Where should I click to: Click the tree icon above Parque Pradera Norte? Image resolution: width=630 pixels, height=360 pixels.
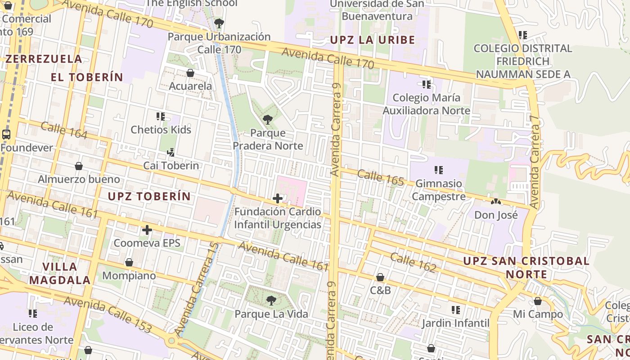[x=267, y=119]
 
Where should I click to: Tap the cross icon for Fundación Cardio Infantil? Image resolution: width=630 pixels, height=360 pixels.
[x=278, y=198]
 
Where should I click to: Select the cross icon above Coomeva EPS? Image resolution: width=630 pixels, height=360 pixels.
[x=147, y=230]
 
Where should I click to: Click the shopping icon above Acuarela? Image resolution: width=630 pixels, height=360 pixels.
[x=190, y=72]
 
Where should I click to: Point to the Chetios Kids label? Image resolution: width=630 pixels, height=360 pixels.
[x=161, y=130]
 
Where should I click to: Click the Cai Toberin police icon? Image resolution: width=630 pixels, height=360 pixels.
[x=171, y=153]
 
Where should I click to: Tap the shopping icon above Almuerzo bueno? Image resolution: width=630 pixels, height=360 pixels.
[x=79, y=166]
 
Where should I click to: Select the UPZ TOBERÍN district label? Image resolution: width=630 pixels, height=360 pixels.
[x=149, y=196]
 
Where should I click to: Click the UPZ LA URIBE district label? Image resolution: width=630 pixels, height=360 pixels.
[x=373, y=40]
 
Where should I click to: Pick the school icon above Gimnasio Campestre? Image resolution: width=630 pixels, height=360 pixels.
[x=439, y=170]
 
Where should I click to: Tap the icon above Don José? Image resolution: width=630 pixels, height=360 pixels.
[x=496, y=202]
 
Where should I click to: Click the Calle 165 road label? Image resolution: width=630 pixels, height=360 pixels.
[x=381, y=177]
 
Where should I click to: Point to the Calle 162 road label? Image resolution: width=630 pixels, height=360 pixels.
[x=413, y=262]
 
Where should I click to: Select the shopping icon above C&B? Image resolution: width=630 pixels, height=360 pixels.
[x=380, y=277]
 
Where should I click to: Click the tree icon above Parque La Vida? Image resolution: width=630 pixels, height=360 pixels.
[x=271, y=300]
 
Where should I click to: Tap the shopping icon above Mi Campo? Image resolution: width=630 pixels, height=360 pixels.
[x=538, y=301]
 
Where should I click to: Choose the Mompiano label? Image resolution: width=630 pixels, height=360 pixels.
[x=129, y=275]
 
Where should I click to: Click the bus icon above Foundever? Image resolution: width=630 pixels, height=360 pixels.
[x=6, y=134]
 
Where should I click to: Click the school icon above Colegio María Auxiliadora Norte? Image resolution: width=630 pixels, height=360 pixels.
[x=427, y=84]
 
